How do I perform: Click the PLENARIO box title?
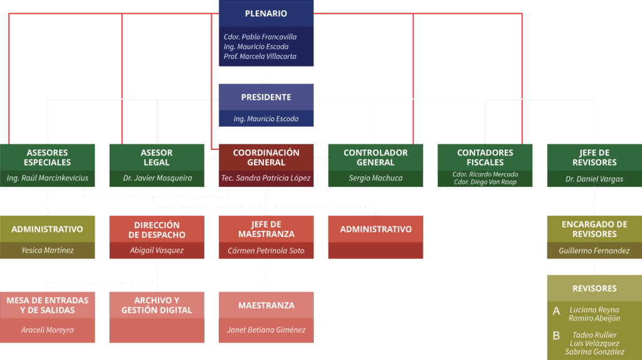[266, 14]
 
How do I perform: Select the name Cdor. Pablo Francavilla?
[260, 37]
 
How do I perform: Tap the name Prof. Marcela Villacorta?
[260, 56]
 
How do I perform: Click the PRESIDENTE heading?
[266, 97]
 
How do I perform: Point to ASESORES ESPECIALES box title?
[47, 157]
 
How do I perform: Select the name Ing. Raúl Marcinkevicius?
[47, 178]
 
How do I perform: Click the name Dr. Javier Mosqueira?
[156, 178]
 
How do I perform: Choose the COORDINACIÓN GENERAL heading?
[266, 157]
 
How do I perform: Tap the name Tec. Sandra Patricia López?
[266, 178]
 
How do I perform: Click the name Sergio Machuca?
[376, 178]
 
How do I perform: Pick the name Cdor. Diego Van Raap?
[485, 182]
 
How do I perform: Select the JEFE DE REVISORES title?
[594, 157]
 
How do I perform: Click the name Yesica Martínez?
[47, 250]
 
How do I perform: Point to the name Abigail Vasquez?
[156, 250]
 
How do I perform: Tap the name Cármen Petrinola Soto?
[266, 250]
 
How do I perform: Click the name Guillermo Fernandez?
[594, 250]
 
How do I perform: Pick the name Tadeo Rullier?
[594, 335]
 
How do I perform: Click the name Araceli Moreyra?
[47, 330]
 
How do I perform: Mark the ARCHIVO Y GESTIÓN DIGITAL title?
[156, 305]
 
